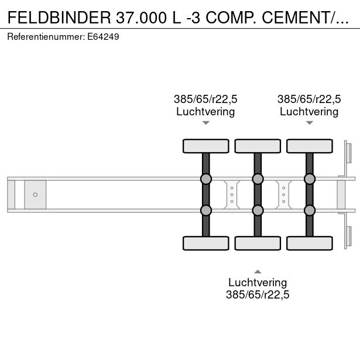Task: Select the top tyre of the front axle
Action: (x=205, y=146)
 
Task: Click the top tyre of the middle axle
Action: (x=257, y=146)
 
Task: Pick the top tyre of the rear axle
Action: (x=309, y=146)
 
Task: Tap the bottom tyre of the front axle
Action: (x=205, y=243)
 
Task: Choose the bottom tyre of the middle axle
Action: (x=257, y=243)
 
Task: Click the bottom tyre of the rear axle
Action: (x=309, y=243)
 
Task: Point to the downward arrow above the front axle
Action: (x=205, y=123)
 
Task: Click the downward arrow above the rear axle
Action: (x=309, y=123)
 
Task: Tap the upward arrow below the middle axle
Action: (x=257, y=271)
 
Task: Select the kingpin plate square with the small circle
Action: (x=35, y=194)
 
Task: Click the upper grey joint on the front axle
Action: (x=205, y=179)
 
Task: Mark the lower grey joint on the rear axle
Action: (x=309, y=210)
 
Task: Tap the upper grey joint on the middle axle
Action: (x=257, y=179)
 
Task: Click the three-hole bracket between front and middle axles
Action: (x=232, y=194)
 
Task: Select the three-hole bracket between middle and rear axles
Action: (x=283, y=194)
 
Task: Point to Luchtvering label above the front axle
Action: (x=205, y=111)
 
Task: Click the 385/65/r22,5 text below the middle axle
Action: (x=258, y=294)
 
